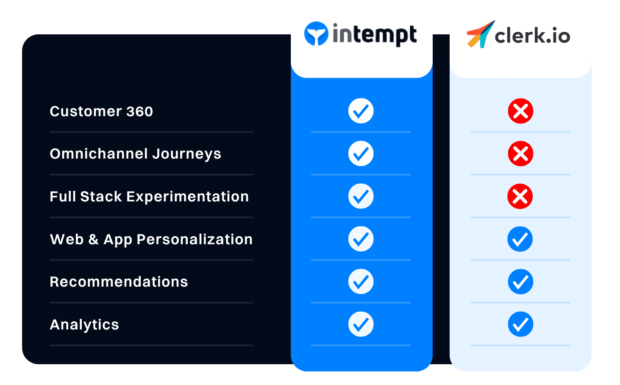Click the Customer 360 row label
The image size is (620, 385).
101,112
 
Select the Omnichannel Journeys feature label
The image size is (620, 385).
135,154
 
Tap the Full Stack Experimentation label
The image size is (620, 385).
149,197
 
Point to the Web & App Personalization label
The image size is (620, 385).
151,240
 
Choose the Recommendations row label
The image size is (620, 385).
119,282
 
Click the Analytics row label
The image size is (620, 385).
84,325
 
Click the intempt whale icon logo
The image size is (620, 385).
316,34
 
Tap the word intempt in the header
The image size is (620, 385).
375,34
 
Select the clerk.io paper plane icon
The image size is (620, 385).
480,34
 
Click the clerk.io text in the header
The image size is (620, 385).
532,36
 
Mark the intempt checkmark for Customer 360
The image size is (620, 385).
361,111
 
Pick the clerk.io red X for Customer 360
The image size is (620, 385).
520,111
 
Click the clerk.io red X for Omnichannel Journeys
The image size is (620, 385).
520,153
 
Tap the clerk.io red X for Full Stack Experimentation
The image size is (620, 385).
520,196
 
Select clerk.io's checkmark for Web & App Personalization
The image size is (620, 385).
520,239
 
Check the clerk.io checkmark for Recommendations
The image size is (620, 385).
520,282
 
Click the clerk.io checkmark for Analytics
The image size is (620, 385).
520,324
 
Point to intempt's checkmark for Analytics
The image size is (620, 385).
361,324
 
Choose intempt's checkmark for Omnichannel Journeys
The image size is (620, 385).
361,153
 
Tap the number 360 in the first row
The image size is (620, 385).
139,112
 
